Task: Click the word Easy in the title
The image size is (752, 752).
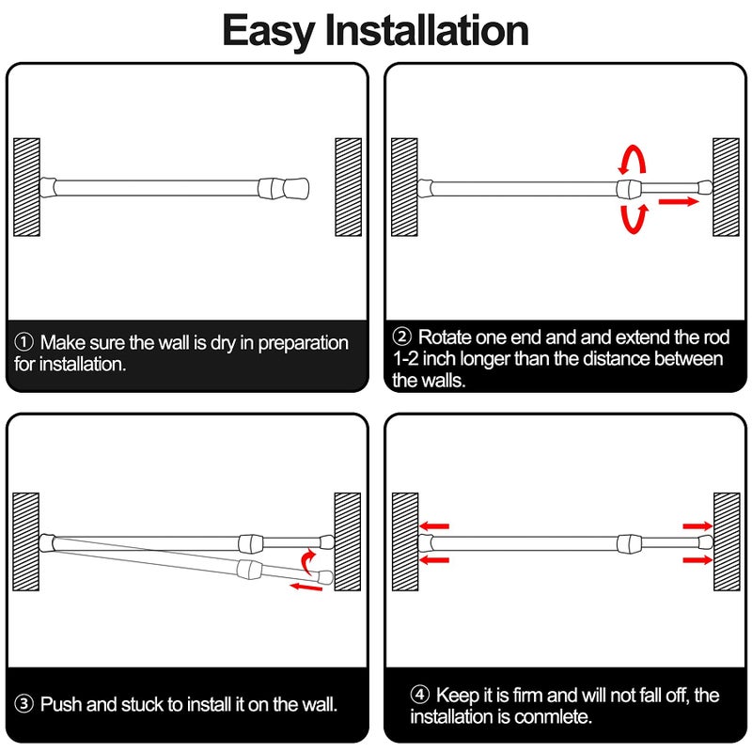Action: (x=269, y=31)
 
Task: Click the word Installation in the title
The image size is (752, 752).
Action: (x=427, y=31)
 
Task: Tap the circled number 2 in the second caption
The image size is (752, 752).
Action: (x=402, y=337)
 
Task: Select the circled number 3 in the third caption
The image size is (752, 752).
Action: (x=24, y=703)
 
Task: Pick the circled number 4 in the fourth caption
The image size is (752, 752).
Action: (x=419, y=696)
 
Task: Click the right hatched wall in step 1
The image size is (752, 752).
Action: (x=348, y=187)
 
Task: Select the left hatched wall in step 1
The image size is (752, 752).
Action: (x=26, y=187)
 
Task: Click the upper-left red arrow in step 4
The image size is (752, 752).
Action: (x=435, y=526)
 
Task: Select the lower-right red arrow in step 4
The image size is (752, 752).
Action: (x=697, y=560)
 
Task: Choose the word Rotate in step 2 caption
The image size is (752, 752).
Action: (x=446, y=337)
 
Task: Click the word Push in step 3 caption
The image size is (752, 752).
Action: (x=57, y=703)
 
